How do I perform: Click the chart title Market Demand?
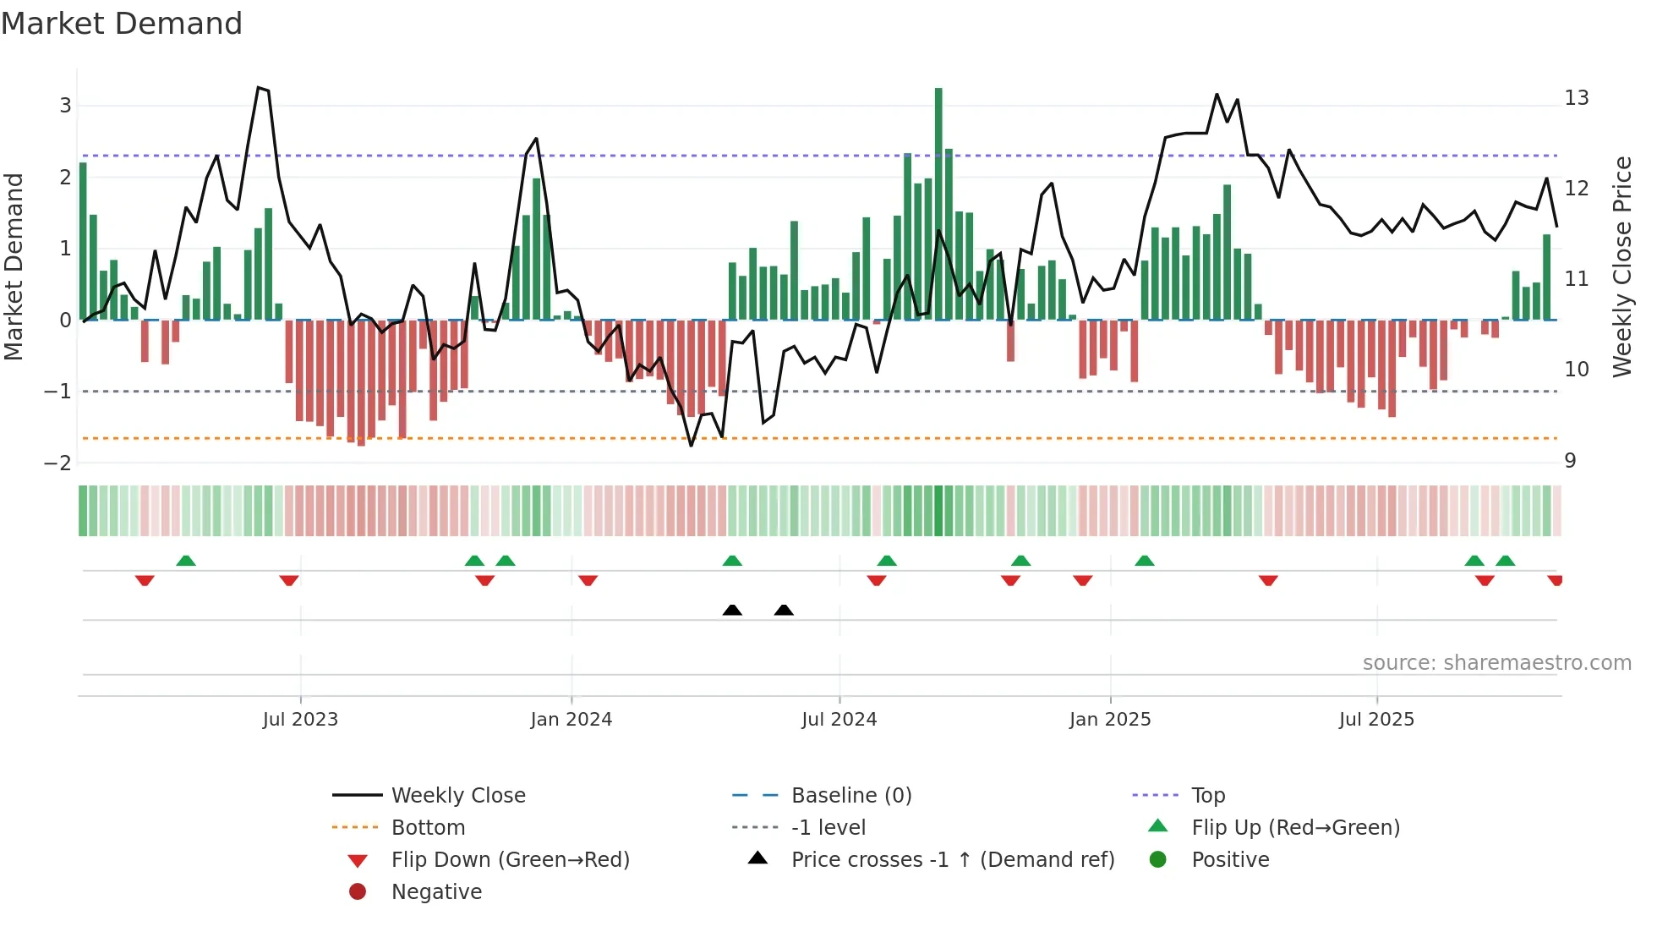click(x=122, y=24)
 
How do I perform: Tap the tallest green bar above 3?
click(x=938, y=203)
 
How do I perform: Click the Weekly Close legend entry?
click(x=457, y=796)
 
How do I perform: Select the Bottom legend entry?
click(x=428, y=828)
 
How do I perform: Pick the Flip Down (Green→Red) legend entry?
click(x=510, y=860)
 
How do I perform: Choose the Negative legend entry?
click(x=436, y=892)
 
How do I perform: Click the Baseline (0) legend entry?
click(x=850, y=796)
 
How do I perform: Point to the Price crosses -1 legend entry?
click(x=952, y=860)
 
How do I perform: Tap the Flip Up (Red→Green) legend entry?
click(x=1295, y=828)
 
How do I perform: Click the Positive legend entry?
click(x=1230, y=860)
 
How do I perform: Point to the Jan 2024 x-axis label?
click(x=571, y=720)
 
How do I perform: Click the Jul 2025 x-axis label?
click(x=1376, y=720)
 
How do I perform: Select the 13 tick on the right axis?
click(x=1576, y=98)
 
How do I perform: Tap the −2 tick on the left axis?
click(x=57, y=463)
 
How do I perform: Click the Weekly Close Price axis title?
click(x=1621, y=266)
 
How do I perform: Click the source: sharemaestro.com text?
click(x=1496, y=663)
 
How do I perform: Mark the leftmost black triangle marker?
click(x=732, y=610)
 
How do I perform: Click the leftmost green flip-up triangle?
click(x=186, y=561)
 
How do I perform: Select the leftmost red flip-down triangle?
click(x=145, y=580)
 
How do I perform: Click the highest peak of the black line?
click(x=259, y=87)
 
